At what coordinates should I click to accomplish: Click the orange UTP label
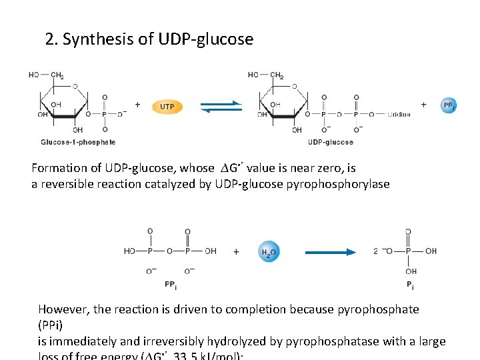click(167, 106)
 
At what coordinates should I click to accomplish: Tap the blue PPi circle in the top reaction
click(449, 105)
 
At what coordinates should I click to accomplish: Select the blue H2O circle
click(269, 252)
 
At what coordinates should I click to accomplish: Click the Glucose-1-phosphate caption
click(78, 142)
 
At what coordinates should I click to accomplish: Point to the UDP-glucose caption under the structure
click(331, 142)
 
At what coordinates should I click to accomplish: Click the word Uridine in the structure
click(399, 115)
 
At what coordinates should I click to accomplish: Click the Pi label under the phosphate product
click(410, 287)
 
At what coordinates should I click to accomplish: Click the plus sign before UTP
click(137, 105)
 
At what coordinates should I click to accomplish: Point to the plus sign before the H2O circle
click(237, 252)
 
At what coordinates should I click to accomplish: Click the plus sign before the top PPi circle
click(424, 105)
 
